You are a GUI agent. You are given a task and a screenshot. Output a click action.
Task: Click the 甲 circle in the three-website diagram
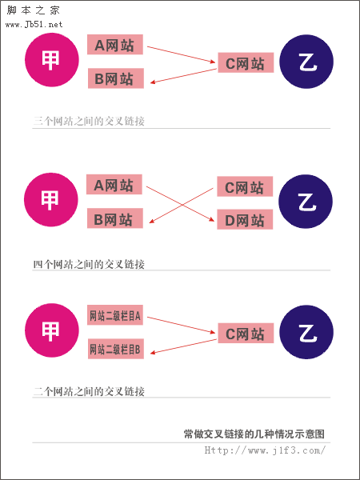point(52,60)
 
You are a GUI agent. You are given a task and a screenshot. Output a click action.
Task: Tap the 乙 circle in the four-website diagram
point(306,201)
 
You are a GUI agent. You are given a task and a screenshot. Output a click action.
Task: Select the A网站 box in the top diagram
point(115,44)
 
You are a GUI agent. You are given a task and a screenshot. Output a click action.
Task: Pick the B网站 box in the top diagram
point(116,78)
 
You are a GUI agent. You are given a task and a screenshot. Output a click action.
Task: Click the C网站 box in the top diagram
point(246,62)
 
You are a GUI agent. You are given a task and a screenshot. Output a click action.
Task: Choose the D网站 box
point(245,219)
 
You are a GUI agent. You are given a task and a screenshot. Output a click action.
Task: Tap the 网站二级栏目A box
point(115,315)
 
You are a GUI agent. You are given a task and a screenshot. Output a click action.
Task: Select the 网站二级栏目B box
point(116,349)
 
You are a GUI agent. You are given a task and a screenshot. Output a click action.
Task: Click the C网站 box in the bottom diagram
point(246,333)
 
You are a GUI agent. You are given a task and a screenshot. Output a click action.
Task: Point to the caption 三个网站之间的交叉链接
point(89,122)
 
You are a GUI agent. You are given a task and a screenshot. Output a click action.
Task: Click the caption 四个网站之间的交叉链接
point(89,264)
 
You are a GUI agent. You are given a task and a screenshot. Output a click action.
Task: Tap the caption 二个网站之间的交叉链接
point(89,391)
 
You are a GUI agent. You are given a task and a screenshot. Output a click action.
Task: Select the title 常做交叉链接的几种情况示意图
point(254,434)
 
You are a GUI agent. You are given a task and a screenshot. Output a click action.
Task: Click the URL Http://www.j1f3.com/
point(265,450)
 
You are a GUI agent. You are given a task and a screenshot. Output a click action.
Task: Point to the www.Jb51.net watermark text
point(34,25)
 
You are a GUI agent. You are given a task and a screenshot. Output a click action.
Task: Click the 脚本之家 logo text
point(33,10)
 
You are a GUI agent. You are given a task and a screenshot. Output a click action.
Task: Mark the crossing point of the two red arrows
point(182,204)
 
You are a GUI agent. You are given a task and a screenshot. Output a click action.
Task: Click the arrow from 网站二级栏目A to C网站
point(182,325)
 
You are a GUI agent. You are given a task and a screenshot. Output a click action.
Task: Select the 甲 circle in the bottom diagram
point(52,330)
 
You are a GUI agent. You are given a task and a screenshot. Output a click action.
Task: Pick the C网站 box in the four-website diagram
point(245,186)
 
